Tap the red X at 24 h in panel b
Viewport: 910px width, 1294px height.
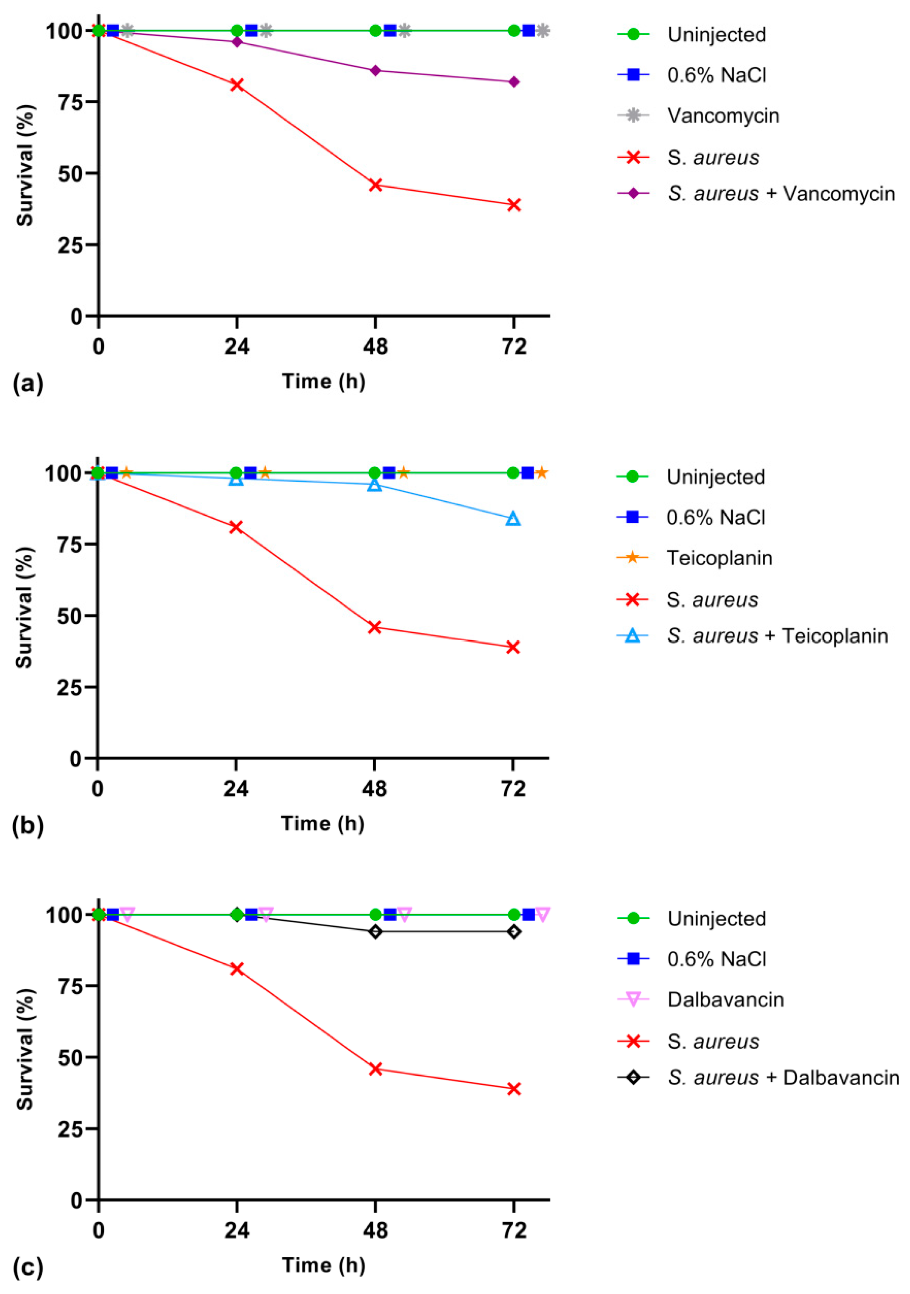[236, 527]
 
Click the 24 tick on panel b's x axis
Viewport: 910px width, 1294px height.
[236, 788]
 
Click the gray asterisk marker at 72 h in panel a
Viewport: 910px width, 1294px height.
[542, 30]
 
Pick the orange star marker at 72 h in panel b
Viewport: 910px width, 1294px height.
[541, 472]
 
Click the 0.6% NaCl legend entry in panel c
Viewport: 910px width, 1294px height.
[716, 959]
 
